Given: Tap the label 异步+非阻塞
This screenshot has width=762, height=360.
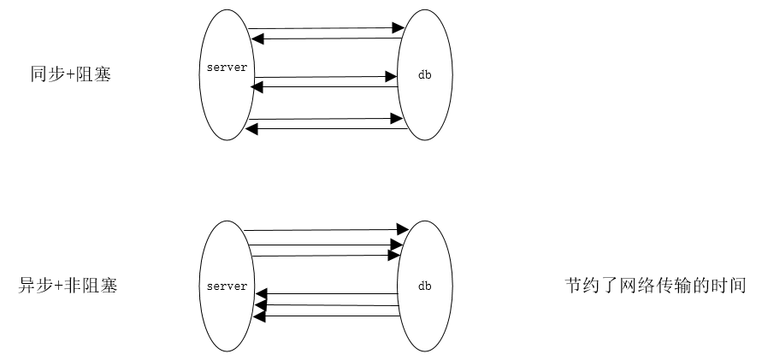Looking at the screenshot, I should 68,286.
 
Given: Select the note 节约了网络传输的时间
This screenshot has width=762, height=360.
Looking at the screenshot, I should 655,285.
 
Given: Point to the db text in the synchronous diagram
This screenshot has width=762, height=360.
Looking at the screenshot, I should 423,74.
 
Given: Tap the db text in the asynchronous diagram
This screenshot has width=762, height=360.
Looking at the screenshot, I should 424,286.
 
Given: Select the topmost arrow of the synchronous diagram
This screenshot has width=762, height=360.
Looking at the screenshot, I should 325,29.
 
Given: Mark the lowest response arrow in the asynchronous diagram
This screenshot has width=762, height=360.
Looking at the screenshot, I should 329,316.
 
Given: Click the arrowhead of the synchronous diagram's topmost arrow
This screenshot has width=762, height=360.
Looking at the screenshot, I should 398,29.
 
